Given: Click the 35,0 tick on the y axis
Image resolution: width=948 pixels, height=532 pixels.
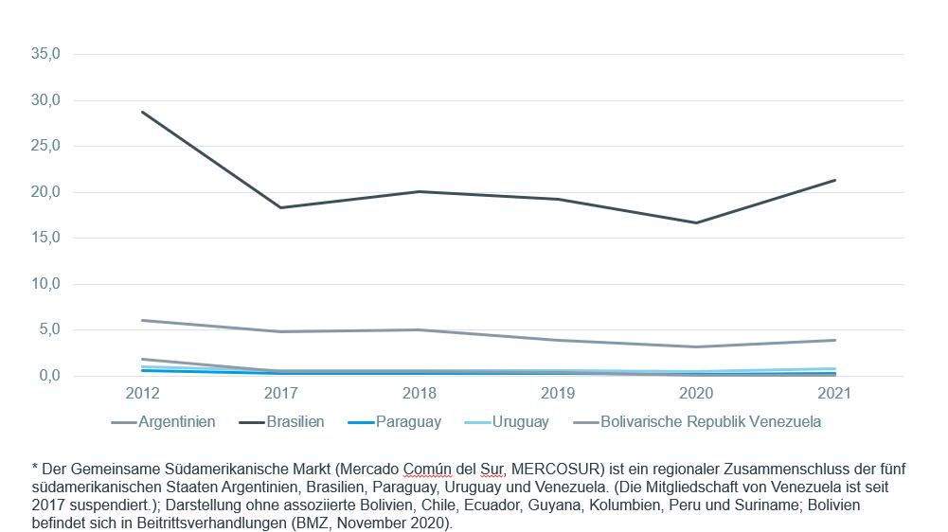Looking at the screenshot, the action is tap(46, 54).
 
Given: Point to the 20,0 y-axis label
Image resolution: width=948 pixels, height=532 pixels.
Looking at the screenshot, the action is tap(46, 192).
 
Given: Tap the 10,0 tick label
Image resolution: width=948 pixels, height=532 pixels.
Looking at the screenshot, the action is tap(46, 284).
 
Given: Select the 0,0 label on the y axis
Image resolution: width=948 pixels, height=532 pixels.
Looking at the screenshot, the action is tap(50, 376).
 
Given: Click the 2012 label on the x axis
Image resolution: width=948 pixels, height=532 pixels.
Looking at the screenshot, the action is tap(143, 393).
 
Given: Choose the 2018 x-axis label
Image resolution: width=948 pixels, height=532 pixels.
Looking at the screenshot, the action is tap(420, 393).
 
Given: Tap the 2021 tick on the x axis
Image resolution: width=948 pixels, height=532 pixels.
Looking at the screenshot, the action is tap(834, 393).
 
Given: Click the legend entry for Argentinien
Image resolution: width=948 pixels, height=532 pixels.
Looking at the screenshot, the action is tap(163, 422).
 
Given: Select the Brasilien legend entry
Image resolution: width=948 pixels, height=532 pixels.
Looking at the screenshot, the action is tap(281, 422).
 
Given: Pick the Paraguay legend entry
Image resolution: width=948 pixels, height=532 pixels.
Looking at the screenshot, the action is tap(395, 422).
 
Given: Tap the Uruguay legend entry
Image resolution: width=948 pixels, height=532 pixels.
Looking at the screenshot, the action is tap(507, 422).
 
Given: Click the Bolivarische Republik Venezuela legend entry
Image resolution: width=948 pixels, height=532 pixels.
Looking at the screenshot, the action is tap(697, 422).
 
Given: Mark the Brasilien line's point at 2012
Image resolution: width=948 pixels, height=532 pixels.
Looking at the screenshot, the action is tap(143, 112).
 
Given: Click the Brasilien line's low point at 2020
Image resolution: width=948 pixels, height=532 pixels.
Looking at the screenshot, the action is tap(696, 222).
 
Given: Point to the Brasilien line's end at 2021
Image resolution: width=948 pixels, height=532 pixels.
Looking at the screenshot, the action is tap(835, 180).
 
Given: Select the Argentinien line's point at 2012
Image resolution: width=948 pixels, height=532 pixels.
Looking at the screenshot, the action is tap(143, 320).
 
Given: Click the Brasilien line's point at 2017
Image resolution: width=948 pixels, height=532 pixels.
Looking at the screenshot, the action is tap(281, 207).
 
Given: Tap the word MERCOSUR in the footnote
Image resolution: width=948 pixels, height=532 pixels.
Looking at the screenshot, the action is tap(558, 470).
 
